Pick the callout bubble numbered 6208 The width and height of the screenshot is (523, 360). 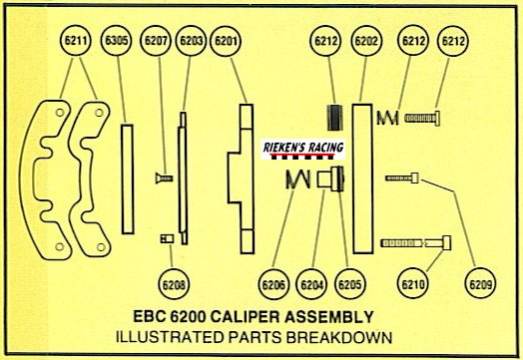(x=174, y=284)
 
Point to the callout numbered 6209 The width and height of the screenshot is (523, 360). (x=480, y=284)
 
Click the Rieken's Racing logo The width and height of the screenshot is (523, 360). (x=302, y=150)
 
